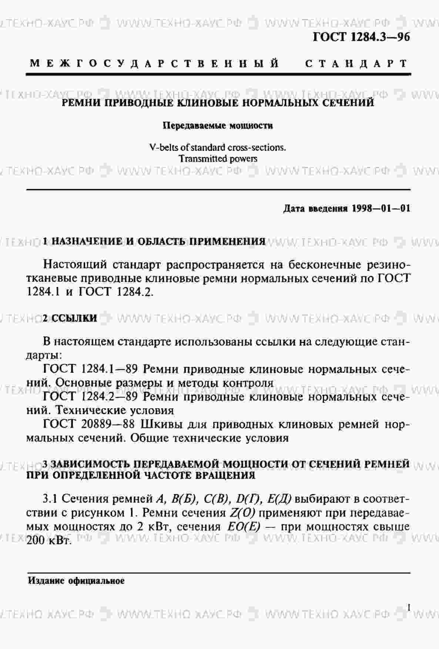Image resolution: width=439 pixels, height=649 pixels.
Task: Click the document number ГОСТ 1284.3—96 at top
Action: click(x=361, y=37)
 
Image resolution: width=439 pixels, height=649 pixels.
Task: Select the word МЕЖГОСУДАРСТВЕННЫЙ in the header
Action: click(x=155, y=63)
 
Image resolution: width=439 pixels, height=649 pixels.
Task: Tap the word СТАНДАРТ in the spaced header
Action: click(x=356, y=63)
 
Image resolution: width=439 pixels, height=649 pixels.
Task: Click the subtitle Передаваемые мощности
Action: click(x=218, y=126)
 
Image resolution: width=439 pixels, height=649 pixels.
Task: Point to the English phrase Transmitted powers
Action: click(x=218, y=159)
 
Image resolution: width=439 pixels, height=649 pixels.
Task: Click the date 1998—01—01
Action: click(x=381, y=209)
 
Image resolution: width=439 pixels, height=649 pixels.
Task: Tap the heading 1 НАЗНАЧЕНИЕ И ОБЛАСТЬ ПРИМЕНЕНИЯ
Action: click(x=154, y=242)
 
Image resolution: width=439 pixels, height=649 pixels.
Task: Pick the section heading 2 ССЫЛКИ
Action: click(x=70, y=318)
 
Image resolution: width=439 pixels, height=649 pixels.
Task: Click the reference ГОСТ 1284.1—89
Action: click(x=91, y=369)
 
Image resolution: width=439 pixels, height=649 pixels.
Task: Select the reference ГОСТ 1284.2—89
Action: click(x=91, y=396)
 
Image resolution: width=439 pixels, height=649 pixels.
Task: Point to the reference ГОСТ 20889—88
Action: click(x=89, y=424)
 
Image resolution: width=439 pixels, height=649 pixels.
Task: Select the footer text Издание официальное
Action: click(x=76, y=581)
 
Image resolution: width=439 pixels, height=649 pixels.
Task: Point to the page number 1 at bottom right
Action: click(x=409, y=608)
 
